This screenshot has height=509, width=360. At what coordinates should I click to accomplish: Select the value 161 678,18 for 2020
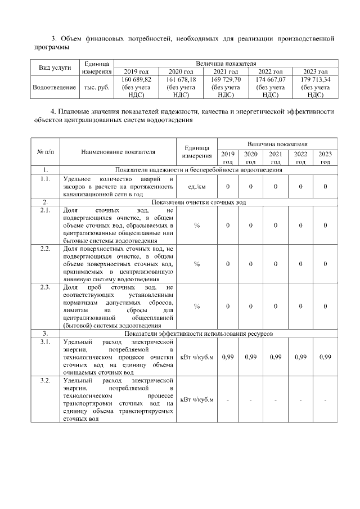pos(181,80)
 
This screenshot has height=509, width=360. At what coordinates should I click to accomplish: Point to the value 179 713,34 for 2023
pos(316,80)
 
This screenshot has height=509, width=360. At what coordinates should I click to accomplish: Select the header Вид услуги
pos(55,67)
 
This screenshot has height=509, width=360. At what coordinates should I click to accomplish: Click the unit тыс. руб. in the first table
pos(97,88)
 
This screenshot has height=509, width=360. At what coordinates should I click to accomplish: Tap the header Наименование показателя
pos(118,151)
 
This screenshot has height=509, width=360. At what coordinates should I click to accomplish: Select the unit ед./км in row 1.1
pos(196,186)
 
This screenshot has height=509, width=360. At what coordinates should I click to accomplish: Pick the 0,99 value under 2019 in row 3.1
pos(228,357)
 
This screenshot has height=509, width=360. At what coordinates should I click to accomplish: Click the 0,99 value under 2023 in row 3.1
pos(325,357)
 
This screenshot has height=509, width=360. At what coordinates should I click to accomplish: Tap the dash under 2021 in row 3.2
pos(276,400)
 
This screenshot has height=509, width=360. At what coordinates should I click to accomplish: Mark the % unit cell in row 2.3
pos(196,306)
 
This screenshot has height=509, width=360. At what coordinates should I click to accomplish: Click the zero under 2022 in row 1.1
pos(300,186)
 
